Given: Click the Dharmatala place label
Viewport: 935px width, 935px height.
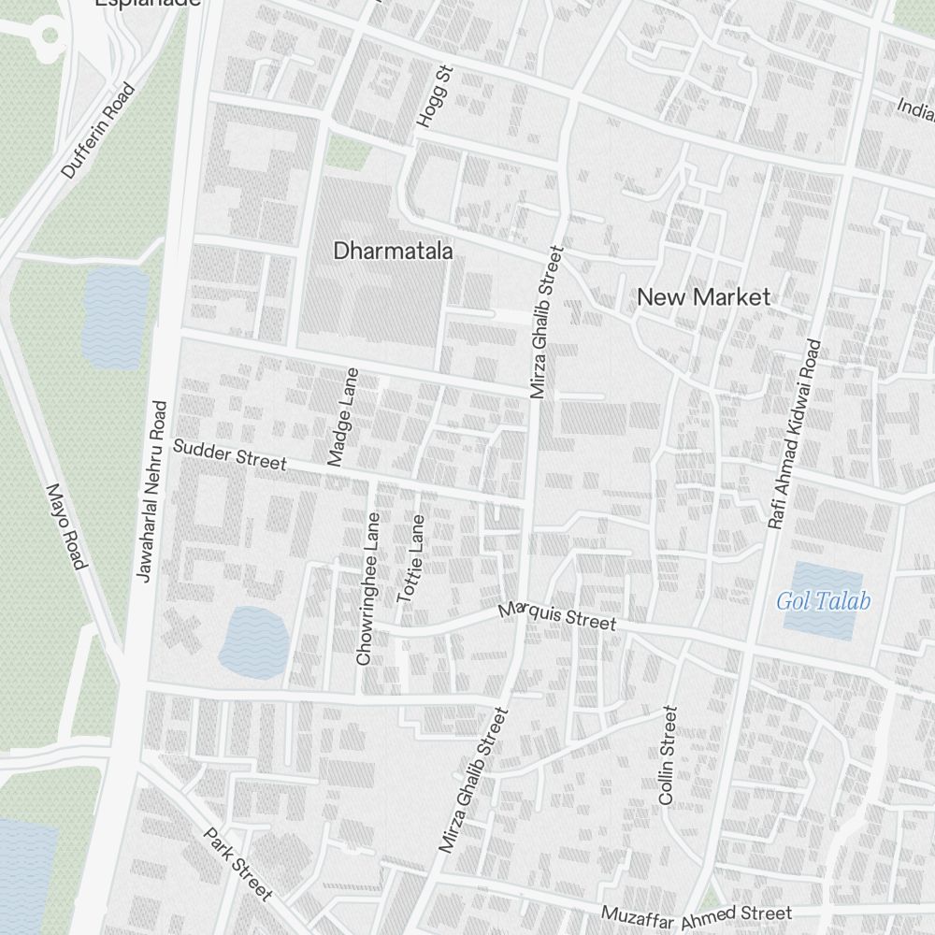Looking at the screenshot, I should [x=393, y=252].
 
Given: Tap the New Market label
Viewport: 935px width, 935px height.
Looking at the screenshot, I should [x=703, y=297].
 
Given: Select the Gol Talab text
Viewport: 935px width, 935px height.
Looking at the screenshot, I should [x=823, y=601].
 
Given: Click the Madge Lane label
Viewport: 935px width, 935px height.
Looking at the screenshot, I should [x=343, y=417].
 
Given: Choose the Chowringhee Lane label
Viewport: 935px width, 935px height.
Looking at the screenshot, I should [x=368, y=588].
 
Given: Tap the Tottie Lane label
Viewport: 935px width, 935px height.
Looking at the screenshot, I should [x=411, y=558].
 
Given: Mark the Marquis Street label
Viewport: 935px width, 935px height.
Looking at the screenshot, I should [x=557, y=616].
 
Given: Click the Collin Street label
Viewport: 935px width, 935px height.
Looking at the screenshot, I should [x=667, y=755].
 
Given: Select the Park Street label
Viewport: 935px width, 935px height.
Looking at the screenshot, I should [x=238, y=865].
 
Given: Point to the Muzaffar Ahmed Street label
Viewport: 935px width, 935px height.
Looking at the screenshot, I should [x=697, y=914].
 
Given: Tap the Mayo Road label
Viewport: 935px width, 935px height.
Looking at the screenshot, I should [x=65, y=526].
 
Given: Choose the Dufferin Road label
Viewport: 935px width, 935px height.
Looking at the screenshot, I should [x=98, y=131].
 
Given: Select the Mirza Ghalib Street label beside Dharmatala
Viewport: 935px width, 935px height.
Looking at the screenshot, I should [x=545, y=322].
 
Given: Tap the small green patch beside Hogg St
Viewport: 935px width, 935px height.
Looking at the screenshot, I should [x=348, y=153].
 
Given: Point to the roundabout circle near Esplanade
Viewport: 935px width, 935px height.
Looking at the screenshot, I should [x=49, y=36].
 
